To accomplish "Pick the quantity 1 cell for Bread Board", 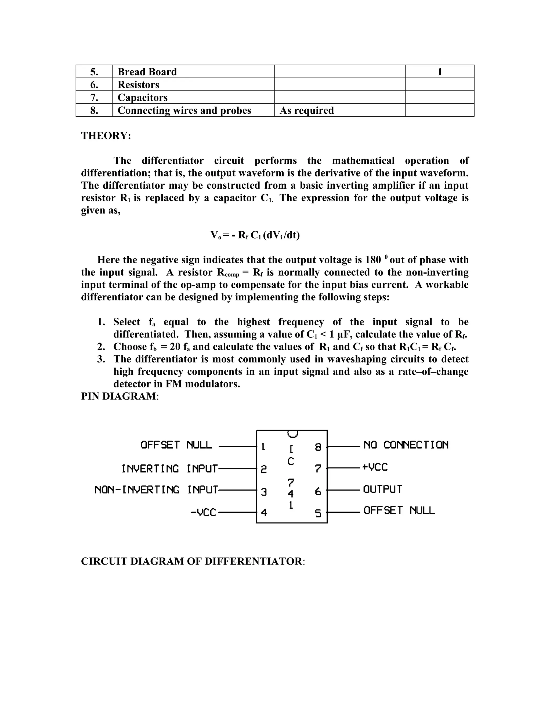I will coord(440,72).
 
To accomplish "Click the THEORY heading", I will coord(106,136).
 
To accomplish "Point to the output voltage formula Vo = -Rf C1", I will coord(255,235).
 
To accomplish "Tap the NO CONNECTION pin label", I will coord(406,445).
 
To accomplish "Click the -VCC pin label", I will coord(204,512).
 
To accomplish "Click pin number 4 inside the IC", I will coord(264,512).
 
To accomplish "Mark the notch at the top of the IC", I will coord(293,434).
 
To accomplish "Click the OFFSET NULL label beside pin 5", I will coord(399,510).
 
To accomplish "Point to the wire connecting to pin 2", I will coord(237,469).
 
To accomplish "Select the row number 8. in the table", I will coord(94,110).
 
